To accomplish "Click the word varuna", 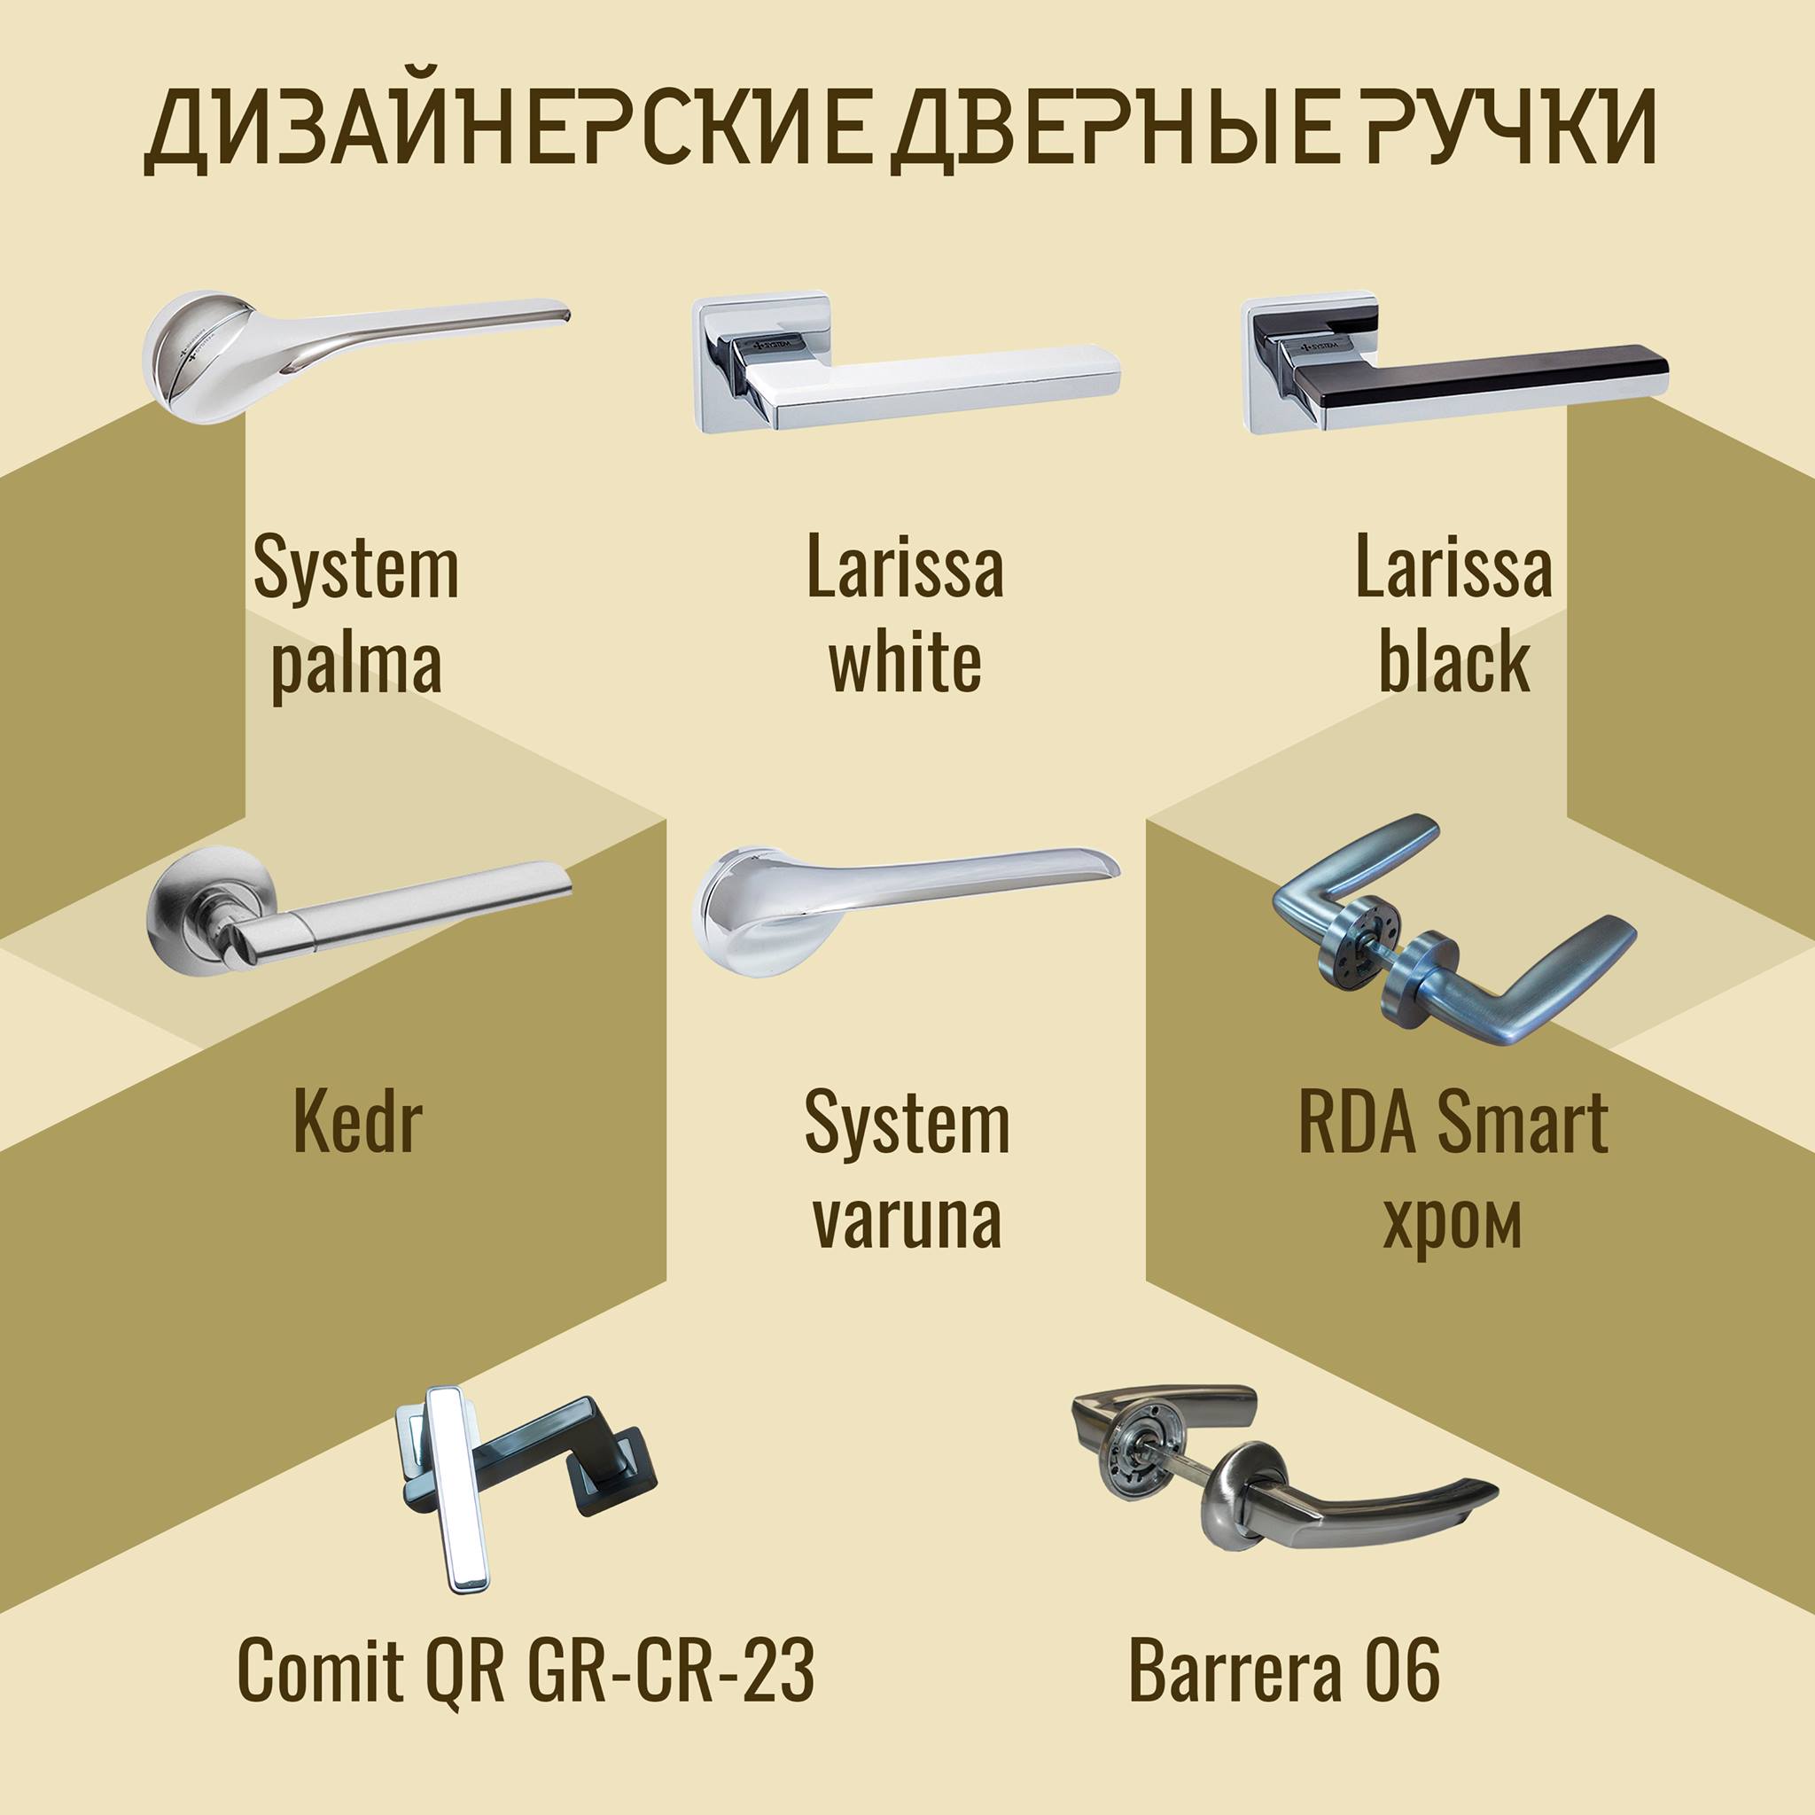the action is tap(907, 1220).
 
